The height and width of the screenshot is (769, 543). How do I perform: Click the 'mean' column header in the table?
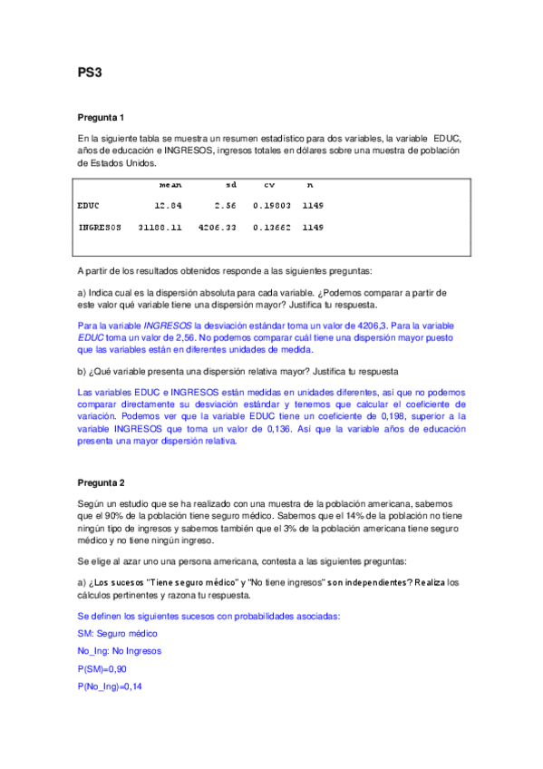(170, 185)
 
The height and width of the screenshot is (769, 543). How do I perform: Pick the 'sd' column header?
(230, 185)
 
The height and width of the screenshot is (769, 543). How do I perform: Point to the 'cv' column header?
(270, 185)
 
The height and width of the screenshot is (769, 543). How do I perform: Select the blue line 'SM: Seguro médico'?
(118, 633)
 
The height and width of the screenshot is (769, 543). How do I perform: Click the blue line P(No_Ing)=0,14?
(111, 686)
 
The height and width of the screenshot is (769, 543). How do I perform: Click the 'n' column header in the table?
(310, 185)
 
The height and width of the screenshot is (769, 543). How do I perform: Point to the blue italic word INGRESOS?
(168, 325)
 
